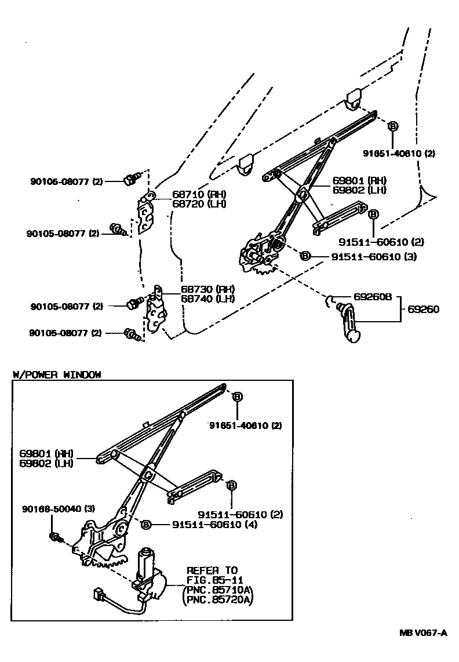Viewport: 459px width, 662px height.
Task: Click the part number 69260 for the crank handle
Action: coord(423,310)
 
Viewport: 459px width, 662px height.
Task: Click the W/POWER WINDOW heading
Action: coord(57,374)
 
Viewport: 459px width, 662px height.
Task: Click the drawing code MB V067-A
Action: coord(422,632)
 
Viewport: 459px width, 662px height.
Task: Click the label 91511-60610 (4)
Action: coord(215,525)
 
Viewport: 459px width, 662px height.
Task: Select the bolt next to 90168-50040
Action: coord(55,536)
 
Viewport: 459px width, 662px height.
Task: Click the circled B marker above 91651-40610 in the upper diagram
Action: coord(392,126)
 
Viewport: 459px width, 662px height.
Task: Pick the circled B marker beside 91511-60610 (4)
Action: coord(146,525)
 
